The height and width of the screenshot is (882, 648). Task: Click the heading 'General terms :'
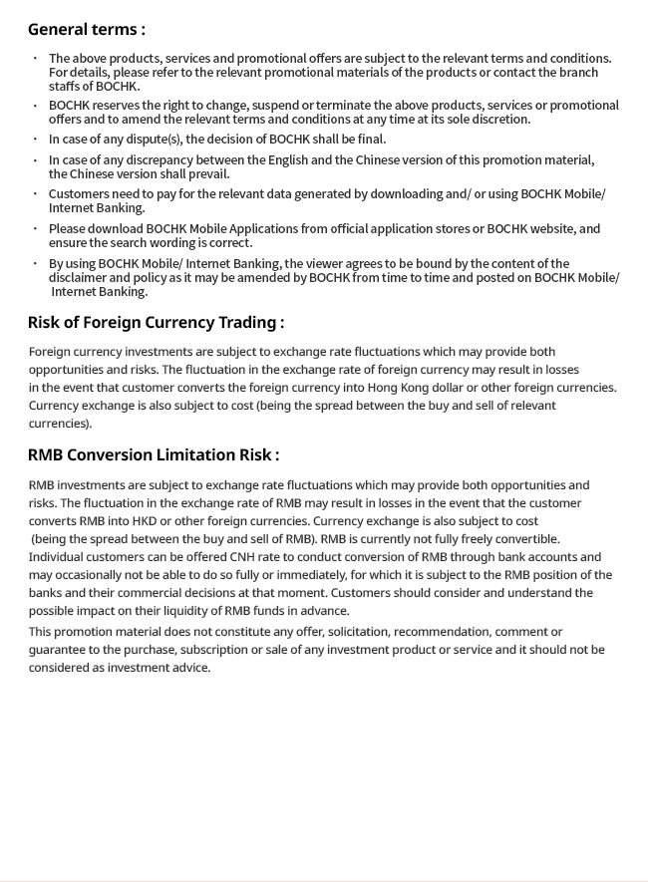pyautogui.click(x=86, y=29)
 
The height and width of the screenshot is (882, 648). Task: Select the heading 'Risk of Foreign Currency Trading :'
pyautogui.click(x=156, y=322)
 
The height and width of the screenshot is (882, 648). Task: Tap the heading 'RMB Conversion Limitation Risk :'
pyautogui.click(x=153, y=454)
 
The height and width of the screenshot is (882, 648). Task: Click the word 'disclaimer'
pyautogui.click(x=83, y=278)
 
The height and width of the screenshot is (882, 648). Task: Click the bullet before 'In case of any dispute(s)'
pyautogui.click(x=36, y=140)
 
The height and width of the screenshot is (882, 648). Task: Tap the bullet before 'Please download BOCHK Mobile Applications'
pyautogui.click(x=36, y=228)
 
